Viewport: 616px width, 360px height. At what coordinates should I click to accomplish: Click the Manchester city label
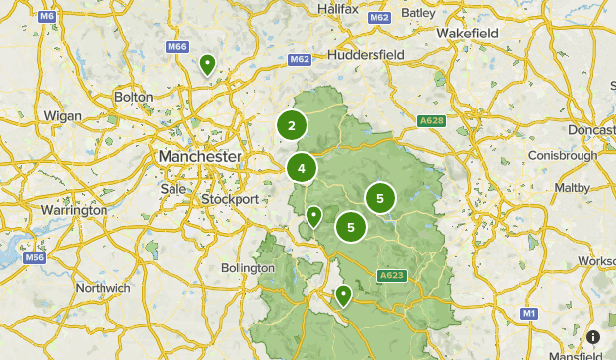198,157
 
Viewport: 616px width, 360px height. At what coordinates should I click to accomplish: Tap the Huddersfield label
366,55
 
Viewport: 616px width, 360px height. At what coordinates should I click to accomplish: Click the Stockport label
230,199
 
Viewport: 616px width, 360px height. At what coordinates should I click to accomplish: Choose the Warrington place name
74,210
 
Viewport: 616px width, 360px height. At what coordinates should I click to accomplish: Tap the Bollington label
247,268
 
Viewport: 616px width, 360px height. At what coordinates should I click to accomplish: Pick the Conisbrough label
563,156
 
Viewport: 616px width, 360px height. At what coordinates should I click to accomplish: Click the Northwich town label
103,288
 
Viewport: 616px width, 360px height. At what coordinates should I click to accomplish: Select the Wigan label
63,116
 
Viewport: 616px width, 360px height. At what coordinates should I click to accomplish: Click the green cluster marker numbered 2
291,125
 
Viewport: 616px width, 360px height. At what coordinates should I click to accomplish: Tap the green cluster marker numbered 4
302,168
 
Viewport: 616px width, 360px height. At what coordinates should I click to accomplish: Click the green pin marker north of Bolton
208,65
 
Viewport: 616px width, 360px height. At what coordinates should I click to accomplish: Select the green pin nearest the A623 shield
343,295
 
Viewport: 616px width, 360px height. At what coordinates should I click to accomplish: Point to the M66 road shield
177,47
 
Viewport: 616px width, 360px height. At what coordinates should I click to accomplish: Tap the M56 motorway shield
35,258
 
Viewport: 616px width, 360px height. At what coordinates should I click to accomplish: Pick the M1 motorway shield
529,313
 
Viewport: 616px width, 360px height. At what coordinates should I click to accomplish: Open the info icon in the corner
593,337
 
